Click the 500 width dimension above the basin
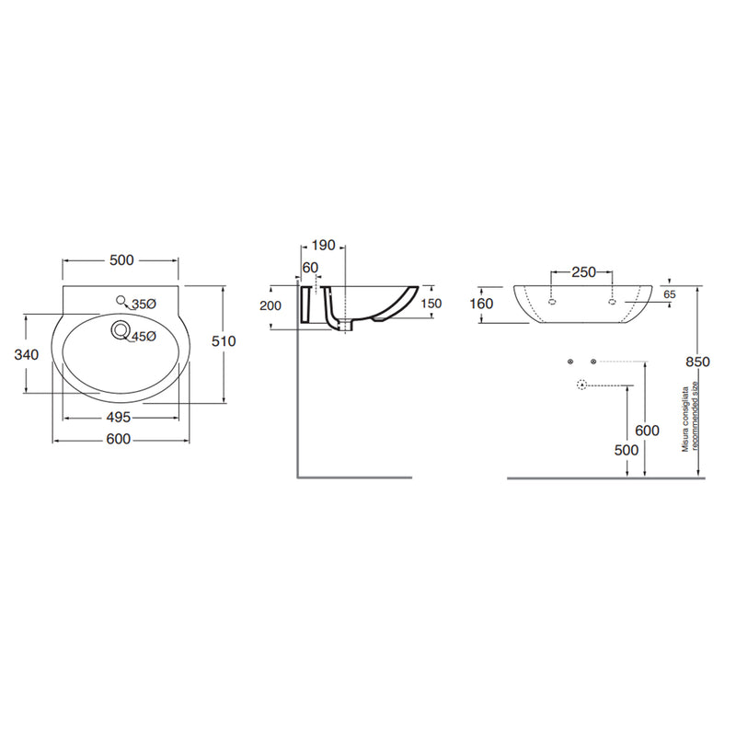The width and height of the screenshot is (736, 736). [x=121, y=260]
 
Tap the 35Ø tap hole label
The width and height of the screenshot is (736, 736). [x=144, y=305]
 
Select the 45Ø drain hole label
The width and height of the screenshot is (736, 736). [x=144, y=337]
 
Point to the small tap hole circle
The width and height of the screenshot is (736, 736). [x=121, y=301]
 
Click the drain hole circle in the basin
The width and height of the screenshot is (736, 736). [x=121, y=329]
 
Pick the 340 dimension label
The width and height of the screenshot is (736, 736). [x=27, y=354]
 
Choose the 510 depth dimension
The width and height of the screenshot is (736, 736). [x=224, y=341]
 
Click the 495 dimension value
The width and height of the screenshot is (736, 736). [x=119, y=417]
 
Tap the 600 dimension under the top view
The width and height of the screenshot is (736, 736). [x=119, y=439]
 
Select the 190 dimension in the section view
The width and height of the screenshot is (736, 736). [x=324, y=245]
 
